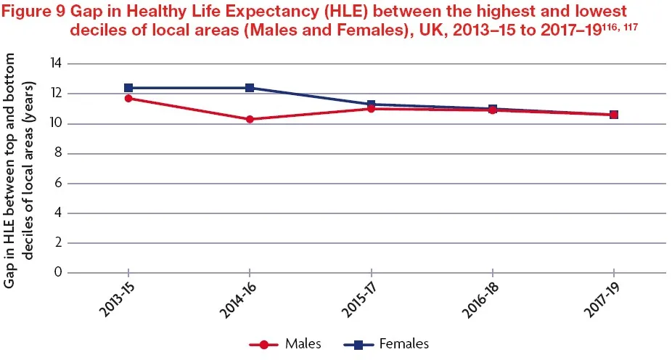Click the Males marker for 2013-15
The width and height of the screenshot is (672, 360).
128,98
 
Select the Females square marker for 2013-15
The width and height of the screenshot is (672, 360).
128,88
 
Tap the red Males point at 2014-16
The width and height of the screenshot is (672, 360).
250,119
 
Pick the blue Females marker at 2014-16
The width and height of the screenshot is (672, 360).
250,88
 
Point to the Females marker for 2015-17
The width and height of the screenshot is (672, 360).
371,105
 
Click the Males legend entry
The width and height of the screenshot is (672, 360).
285,343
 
